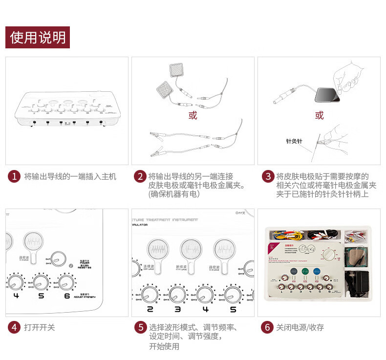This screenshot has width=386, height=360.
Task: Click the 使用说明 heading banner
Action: click(38, 38)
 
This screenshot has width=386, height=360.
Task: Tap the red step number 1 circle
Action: click(14, 176)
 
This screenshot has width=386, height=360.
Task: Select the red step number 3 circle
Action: click(267, 176)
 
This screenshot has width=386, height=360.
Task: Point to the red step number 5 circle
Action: click(141, 327)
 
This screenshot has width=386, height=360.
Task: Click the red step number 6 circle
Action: click(267, 327)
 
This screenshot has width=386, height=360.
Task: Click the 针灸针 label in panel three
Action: click(294, 141)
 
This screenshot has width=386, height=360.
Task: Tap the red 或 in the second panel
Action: click(193, 115)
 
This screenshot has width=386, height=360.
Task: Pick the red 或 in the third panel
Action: click(319, 115)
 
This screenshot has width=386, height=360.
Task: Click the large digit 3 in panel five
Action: click(178, 309)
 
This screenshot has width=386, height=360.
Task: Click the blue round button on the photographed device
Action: click(317, 272)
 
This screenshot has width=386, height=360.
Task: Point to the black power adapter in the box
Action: click(355, 282)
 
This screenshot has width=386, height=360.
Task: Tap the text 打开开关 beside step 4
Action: click(40, 327)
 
